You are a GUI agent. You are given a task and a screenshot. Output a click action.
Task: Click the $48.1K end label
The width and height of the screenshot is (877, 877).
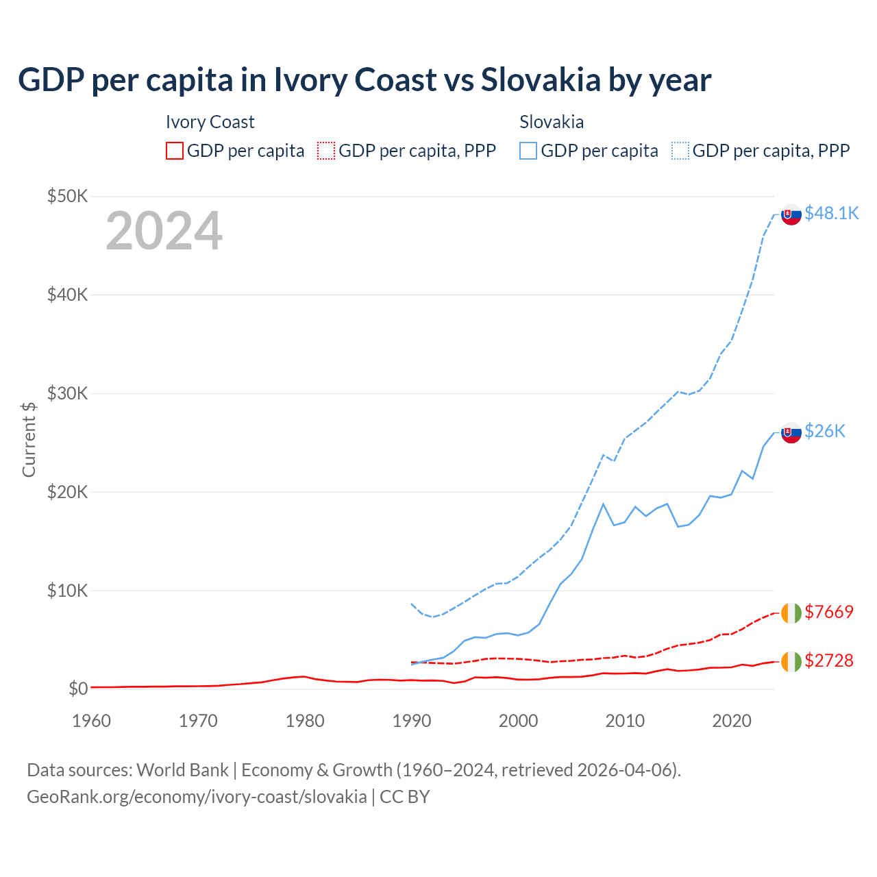pos(831,213)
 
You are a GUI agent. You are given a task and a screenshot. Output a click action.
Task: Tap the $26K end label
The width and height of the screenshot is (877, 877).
pos(825,430)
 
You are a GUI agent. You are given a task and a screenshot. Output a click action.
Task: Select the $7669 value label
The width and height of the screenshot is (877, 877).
pos(829,611)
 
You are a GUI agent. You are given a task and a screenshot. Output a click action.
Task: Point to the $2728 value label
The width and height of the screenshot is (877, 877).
pos(829,660)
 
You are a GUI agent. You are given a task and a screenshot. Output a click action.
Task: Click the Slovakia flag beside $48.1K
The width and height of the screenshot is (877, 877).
pos(791,214)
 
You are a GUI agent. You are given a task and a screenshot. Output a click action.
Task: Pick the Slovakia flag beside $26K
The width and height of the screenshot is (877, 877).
pos(791,432)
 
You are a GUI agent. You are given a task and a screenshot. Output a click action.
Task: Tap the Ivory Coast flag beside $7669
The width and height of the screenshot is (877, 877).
pos(791,613)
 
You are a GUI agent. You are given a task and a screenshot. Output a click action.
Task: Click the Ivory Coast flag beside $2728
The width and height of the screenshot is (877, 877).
pos(791,661)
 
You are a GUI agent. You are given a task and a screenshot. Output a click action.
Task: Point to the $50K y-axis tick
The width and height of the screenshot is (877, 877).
pos(67,196)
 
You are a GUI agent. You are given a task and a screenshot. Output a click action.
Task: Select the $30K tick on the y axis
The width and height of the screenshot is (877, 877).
pos(67,393)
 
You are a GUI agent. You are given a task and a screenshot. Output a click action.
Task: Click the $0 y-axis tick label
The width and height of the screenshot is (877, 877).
pos(77,689)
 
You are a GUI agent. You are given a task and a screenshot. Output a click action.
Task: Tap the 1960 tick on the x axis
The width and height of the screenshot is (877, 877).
pos(91,721)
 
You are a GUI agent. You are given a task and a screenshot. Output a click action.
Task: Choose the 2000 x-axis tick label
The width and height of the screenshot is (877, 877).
pos(518,721)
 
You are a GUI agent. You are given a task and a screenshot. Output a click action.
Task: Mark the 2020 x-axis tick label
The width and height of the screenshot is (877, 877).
pos(732,721)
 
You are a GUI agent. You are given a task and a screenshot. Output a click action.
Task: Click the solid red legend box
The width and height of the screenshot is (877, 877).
pos(175,151)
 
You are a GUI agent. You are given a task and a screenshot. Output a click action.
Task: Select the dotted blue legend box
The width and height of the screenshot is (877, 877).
pos(680,151)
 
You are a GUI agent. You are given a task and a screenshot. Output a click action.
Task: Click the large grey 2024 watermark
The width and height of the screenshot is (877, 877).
pos(164,231)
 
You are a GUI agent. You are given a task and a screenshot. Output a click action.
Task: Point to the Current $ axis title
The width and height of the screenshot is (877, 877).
pos(29,439)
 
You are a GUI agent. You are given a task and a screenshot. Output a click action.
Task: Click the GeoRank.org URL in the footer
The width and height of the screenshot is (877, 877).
pos(197,797)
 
